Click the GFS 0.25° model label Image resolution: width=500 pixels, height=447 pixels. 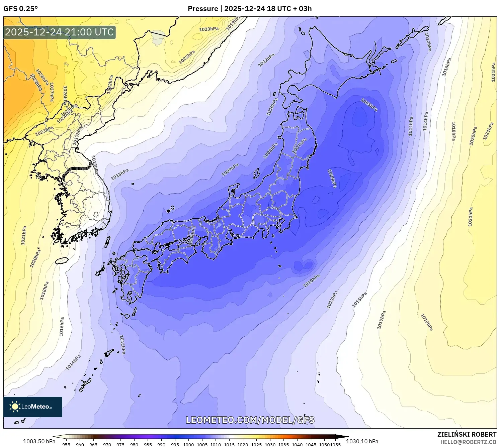(20, 9)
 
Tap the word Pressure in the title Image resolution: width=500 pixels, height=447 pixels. (202, 9)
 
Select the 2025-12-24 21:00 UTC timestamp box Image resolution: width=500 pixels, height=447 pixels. (60, 32)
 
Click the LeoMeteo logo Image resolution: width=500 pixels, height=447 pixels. (33, 407)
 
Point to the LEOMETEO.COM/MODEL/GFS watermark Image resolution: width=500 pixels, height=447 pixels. (250, 420)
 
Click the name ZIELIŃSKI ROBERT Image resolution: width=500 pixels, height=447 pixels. (467, 434)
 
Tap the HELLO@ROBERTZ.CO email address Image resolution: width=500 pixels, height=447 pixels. (468, 442)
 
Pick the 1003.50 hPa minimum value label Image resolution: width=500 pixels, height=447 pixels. (39, 441)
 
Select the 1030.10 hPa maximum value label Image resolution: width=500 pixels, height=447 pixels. (362, 441)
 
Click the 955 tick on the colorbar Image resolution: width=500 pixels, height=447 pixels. (66, 445)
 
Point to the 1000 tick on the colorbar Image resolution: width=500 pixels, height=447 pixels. (188, 445)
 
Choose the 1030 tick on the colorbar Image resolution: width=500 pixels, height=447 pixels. (270, 445)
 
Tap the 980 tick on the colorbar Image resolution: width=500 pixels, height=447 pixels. (134, 445)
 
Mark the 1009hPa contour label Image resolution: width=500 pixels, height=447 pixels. (230, 170)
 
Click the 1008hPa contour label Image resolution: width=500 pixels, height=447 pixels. (270, 150)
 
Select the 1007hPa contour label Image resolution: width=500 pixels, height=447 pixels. (299, 146)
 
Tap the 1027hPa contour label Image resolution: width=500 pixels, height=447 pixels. (52, 92)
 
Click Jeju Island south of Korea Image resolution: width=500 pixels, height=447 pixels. (62, 260)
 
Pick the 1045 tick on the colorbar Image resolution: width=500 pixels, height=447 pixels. (311, 445)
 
